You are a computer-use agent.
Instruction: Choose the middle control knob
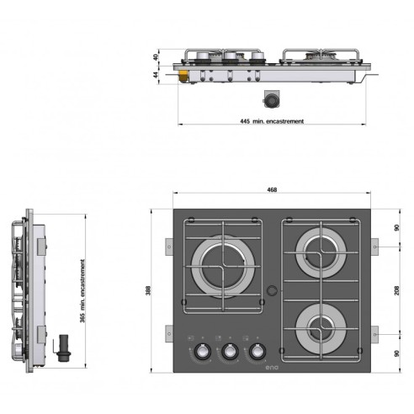[x=227, y=353]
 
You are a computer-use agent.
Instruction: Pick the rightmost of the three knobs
[x=253, y=353]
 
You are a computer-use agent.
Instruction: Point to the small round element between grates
[x=271, y=291]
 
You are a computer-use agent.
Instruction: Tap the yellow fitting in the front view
[x=182, y=77]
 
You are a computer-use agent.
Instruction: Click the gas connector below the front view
[x=272, y=99]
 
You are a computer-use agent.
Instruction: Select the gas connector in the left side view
[x=61, y=347]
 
